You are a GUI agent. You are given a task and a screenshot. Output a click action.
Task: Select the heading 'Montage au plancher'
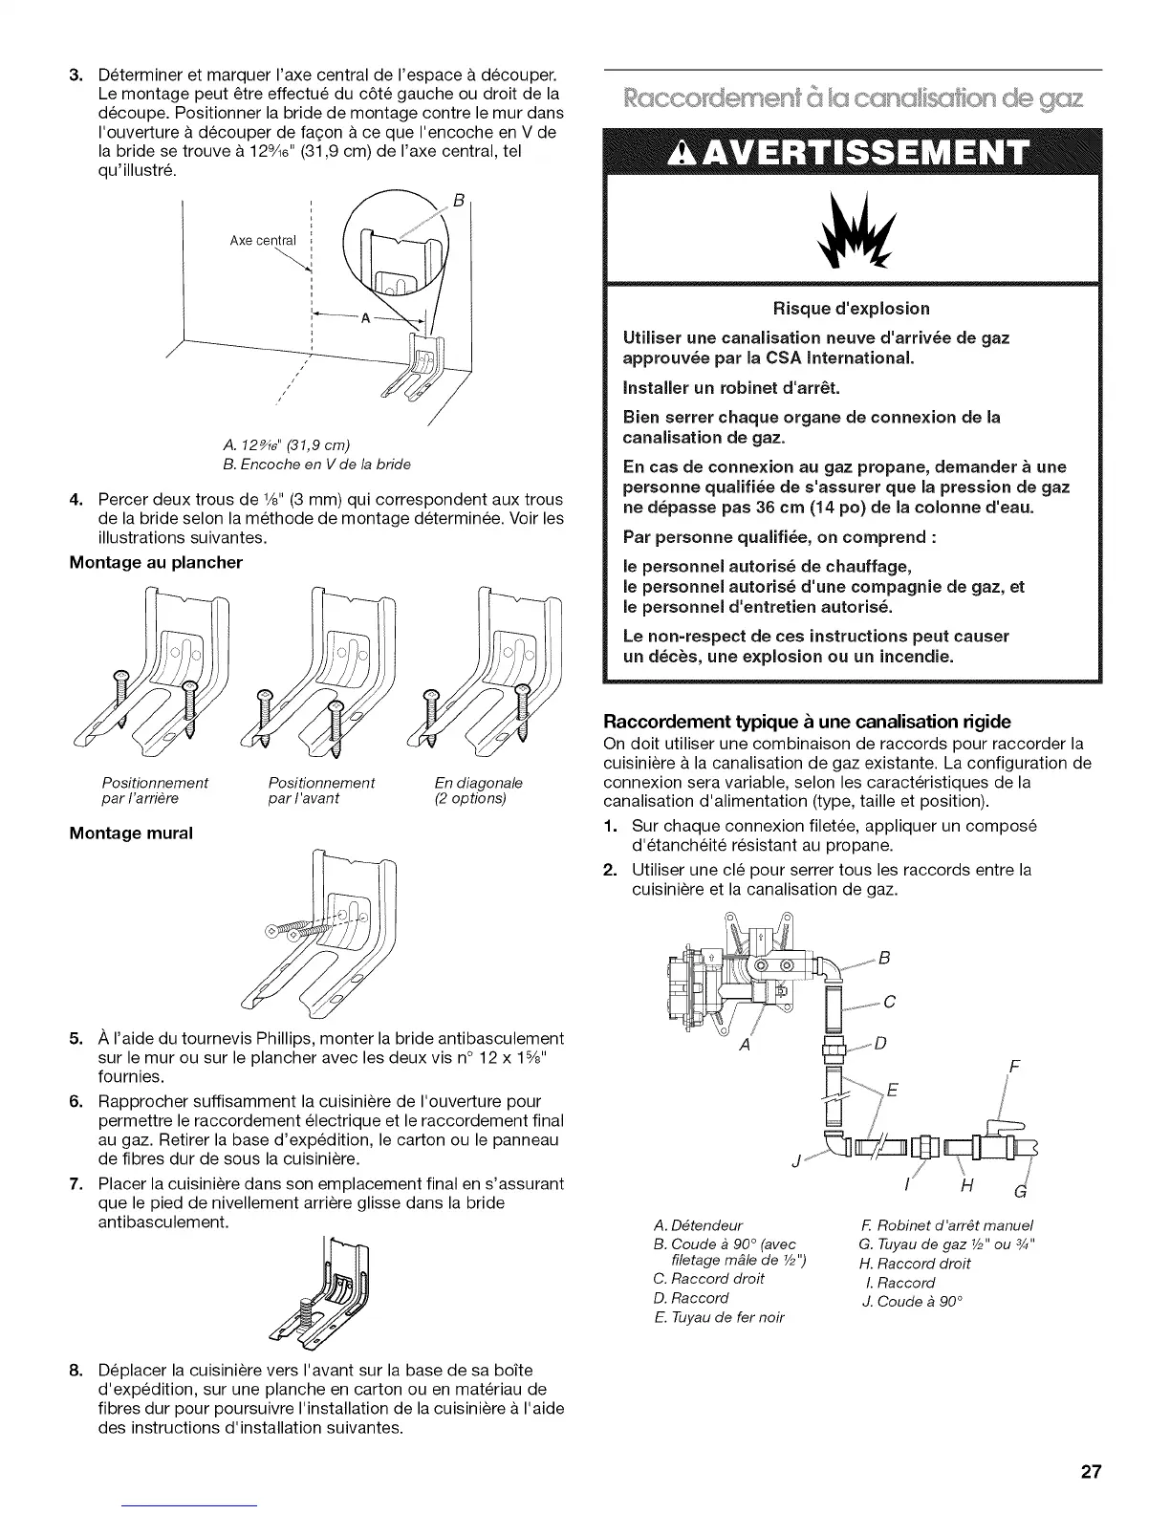pyautogui.click(x=156, y=562)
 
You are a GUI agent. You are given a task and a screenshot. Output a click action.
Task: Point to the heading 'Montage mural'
pyautogui.click(x=131, y=833)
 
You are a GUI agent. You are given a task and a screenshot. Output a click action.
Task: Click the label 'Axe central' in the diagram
pyautogui.click(x=263, y=240)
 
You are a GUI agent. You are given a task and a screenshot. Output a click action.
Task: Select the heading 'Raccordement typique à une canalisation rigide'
pyautogui.click(x=808, y=721)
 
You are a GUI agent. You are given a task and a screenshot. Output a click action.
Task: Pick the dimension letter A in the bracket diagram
pyautogui.click(x=364, y=320)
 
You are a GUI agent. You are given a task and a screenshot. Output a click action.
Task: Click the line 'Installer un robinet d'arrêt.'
pyautogui.click(x=731, y=387)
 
